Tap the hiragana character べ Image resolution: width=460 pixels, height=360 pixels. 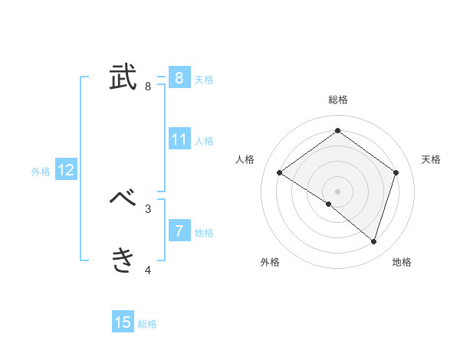(123, 199)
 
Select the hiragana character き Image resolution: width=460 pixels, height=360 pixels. (123, 260)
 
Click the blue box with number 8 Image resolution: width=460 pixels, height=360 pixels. (179, 77)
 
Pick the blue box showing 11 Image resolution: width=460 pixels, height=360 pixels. (179, 139)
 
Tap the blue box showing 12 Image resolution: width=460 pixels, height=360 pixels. (66, 170)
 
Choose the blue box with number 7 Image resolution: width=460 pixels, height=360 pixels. (179, 231)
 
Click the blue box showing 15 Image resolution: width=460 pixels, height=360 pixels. (123, 322)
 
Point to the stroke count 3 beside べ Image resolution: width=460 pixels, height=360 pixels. (148, 208)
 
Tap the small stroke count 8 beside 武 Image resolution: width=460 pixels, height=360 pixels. (148, 86)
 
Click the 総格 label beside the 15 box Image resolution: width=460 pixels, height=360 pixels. (147, 324)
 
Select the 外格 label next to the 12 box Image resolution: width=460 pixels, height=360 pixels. (41, 172)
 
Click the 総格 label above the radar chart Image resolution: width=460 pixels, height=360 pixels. (337, 100)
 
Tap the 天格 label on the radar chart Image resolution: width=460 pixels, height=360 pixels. (431, 159)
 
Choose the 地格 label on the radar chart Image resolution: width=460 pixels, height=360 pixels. (402, 262)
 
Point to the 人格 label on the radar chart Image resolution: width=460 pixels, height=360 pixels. (245, 159)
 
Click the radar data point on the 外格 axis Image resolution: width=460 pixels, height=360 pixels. (328, 204)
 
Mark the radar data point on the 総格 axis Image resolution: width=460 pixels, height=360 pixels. (337, 130)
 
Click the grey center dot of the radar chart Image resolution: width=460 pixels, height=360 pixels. (337, 191)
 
